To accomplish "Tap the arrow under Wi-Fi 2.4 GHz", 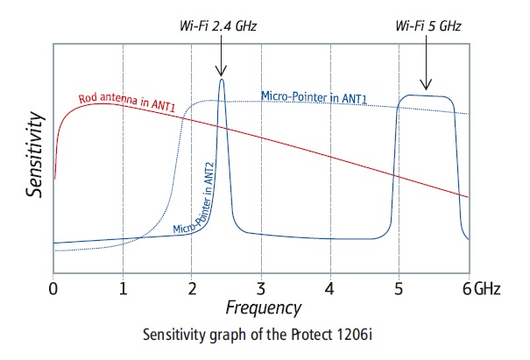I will coord(221,59).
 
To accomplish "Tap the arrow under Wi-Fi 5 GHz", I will coord(426,74).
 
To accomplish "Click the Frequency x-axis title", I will coord(263,307).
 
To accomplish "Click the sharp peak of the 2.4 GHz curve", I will coord(221,81).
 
